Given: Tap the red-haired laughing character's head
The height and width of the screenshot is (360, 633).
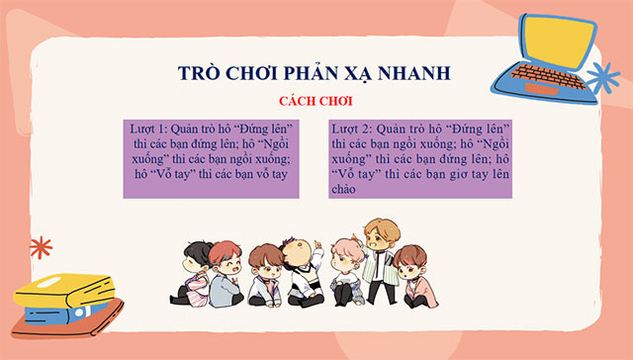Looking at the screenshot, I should coord(225,259).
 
